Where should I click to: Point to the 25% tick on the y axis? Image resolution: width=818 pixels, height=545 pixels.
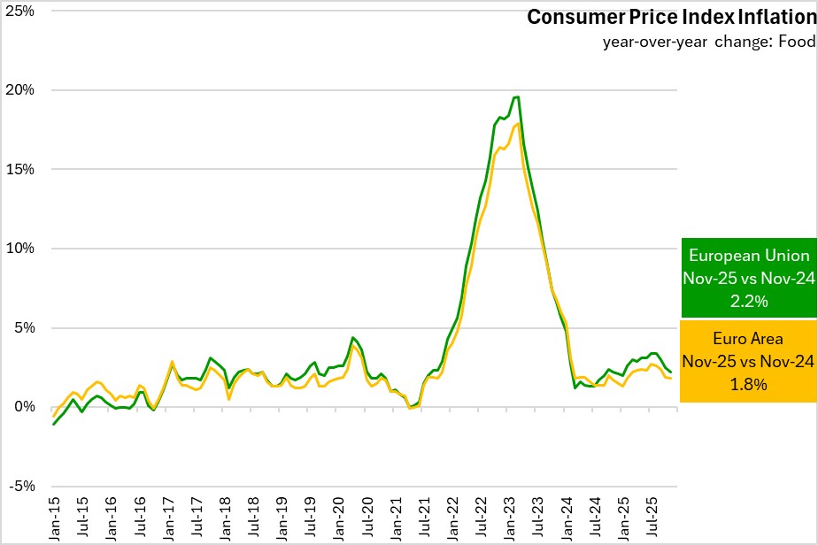(x=21, y=11)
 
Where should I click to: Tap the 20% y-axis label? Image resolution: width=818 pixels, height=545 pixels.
(x=21, y=90)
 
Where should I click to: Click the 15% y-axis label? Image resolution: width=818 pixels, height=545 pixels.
(x=21, y=169)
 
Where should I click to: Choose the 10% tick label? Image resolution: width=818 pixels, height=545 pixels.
(x=21, y=249)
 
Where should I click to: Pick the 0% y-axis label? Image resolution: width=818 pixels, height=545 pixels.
(x=25, y=407)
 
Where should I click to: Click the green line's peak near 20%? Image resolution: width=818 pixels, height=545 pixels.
(x=517, y=97)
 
